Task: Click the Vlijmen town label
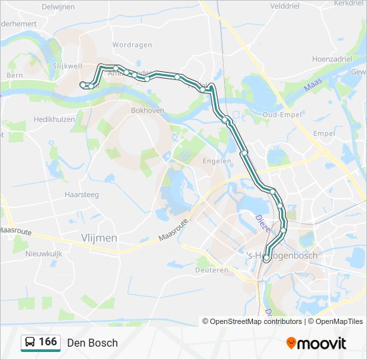99,238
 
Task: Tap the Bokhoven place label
147,111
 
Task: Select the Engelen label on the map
218,161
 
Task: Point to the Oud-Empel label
280,114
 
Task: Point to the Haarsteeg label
82,195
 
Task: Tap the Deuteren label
213,271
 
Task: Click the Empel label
324,133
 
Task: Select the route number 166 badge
41,342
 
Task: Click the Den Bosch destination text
92,343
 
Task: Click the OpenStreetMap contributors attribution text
252,321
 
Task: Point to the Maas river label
313,87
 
